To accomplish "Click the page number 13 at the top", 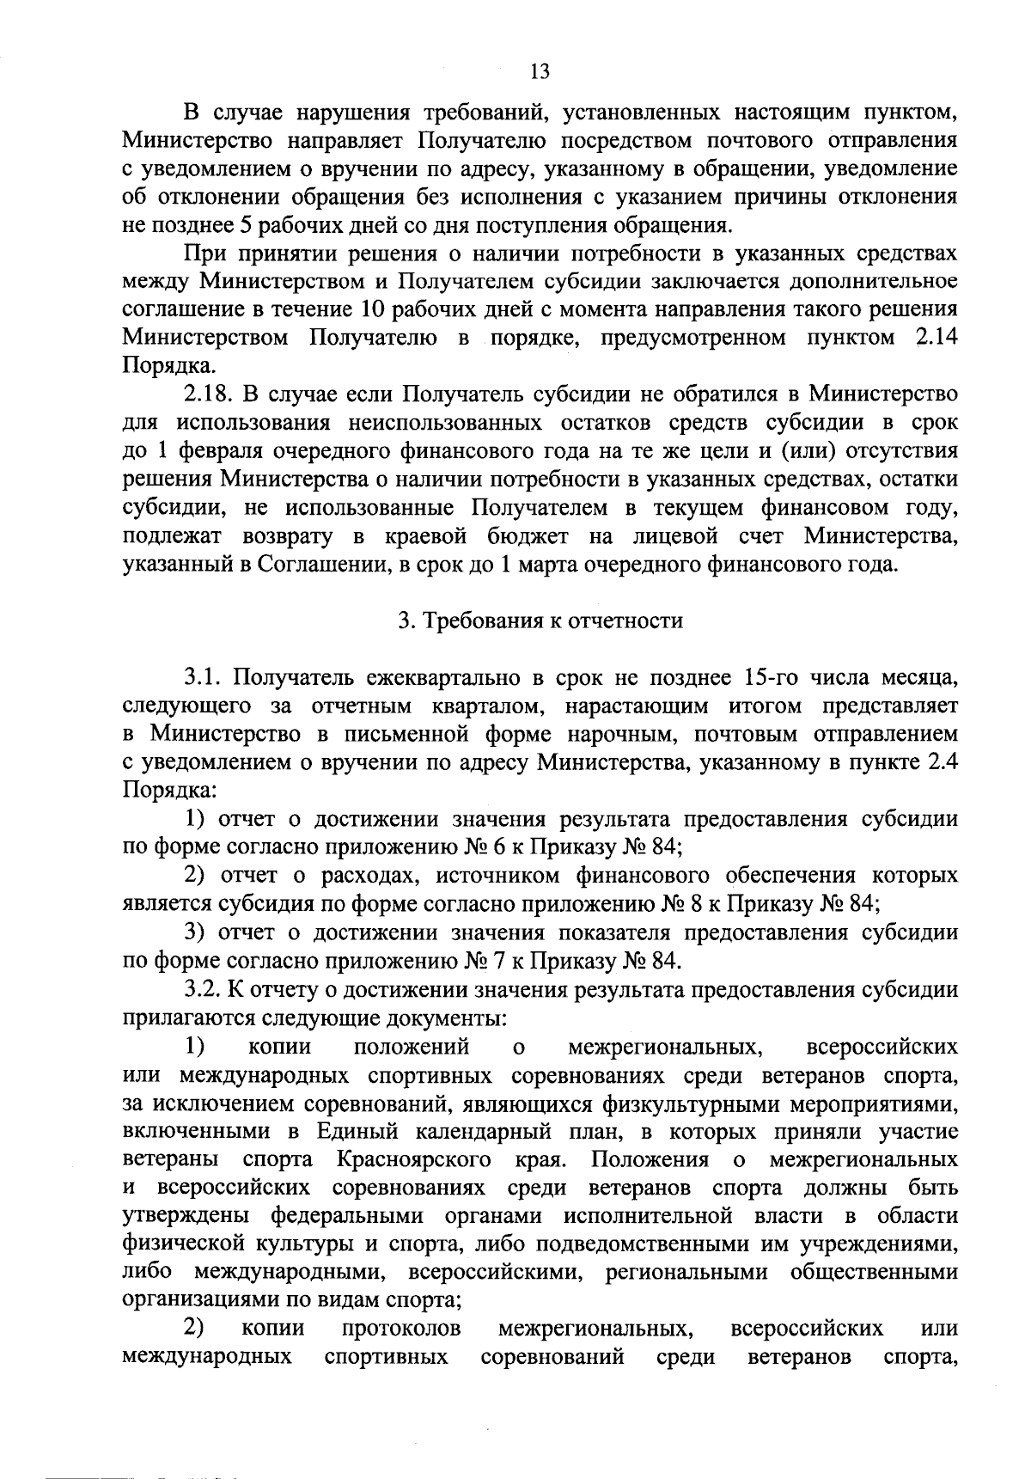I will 540,71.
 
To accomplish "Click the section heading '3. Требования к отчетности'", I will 540,620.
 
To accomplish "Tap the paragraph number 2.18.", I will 210,394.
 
